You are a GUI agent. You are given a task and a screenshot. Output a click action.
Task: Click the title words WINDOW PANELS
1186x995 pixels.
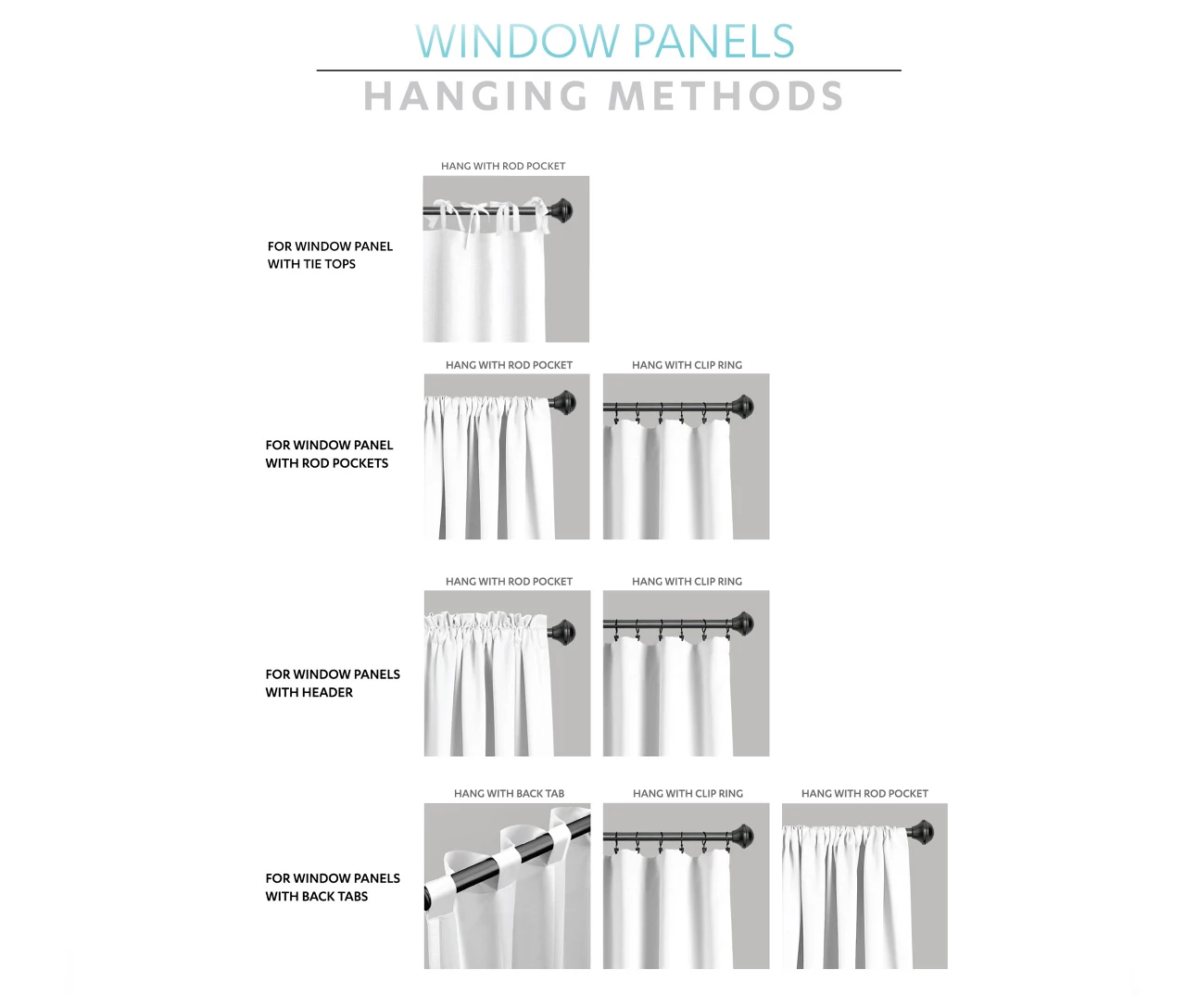click(x=605, y=42)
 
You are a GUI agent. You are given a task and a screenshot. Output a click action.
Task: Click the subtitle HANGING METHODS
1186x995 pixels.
click(x=603, y=96)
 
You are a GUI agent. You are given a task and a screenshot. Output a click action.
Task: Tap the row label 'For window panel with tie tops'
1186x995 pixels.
click(x=330, y=255)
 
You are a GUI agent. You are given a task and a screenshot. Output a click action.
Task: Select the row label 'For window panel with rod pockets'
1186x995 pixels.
click(x=329, y=454)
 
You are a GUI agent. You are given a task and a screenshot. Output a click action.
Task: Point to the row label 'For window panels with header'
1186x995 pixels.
click(x=333, y=683)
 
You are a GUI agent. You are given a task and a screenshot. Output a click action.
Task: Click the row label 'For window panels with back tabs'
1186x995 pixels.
click(x=333, y=887)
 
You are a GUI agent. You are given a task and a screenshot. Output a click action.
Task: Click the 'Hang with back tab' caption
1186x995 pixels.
click(x=509, y=793)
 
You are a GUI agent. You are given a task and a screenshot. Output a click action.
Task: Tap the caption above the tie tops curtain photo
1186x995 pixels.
click(x=503, y=166)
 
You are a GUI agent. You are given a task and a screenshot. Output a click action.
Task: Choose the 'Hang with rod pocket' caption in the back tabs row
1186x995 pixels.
click(x=864, y=793)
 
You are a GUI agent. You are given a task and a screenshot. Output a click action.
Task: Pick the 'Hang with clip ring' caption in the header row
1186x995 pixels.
click(x=688, y=581)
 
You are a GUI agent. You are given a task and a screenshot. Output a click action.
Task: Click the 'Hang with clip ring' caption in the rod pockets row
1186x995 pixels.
click(x=688, y=365)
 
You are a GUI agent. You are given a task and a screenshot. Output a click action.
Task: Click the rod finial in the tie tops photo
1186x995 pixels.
click(x=560, y=210)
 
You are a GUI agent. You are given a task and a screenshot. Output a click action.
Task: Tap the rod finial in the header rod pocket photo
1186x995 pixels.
click(x=561, y=632)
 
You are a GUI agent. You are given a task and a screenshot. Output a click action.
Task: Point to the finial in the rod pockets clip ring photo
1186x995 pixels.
click(x=741, y=406)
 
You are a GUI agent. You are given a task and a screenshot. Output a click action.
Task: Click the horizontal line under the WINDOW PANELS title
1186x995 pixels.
click(x=608, y=70)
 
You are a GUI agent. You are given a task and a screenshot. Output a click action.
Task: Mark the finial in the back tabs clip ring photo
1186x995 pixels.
click(x=741, y=837)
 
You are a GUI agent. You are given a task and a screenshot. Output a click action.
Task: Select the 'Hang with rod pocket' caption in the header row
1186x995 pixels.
click(x=509, y=581)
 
